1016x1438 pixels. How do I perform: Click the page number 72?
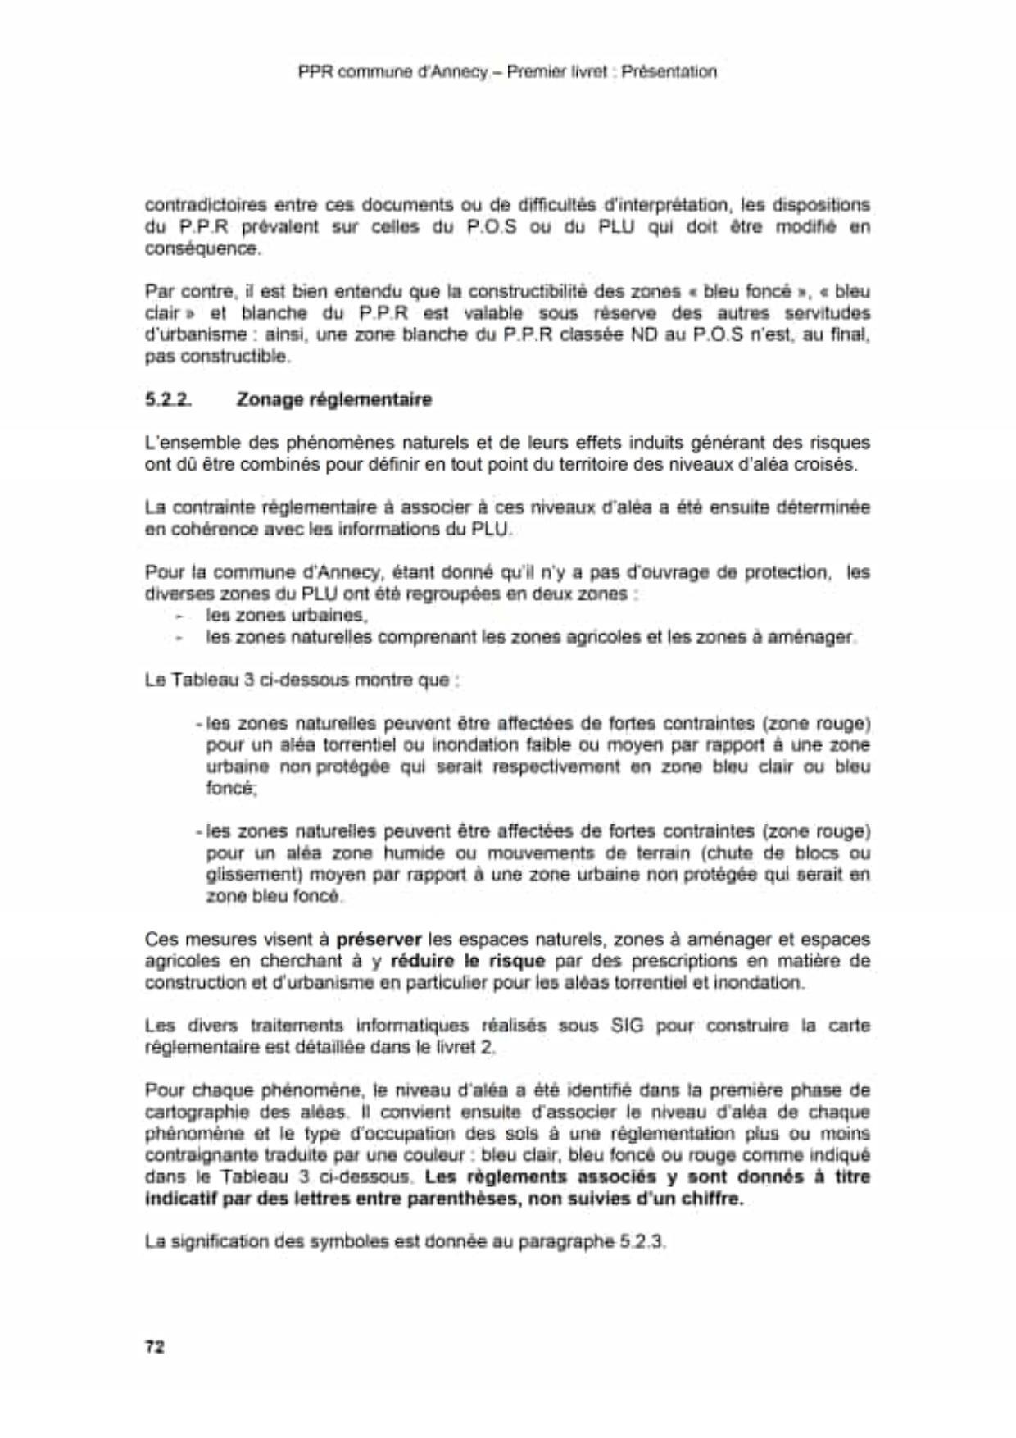(x=154, y=1346)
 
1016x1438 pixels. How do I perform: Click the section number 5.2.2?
(x=168, y=400)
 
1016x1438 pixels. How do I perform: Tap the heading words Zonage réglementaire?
(x=333, y=400)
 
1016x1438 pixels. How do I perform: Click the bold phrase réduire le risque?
(x=468, y=960)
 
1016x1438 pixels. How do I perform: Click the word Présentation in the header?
(x=669, y=72)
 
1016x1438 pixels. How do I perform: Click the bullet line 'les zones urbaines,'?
(x=287, y=615)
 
